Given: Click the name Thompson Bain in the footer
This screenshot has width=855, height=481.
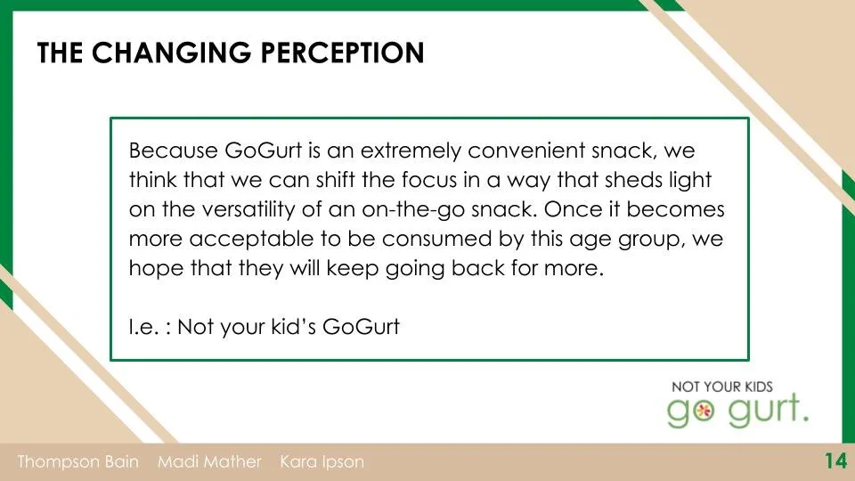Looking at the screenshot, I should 78,462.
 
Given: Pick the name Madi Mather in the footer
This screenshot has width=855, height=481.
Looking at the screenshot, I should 210,462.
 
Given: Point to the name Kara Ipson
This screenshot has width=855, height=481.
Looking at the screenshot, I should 322,462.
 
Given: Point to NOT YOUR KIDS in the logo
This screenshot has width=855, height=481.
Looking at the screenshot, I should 722,387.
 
